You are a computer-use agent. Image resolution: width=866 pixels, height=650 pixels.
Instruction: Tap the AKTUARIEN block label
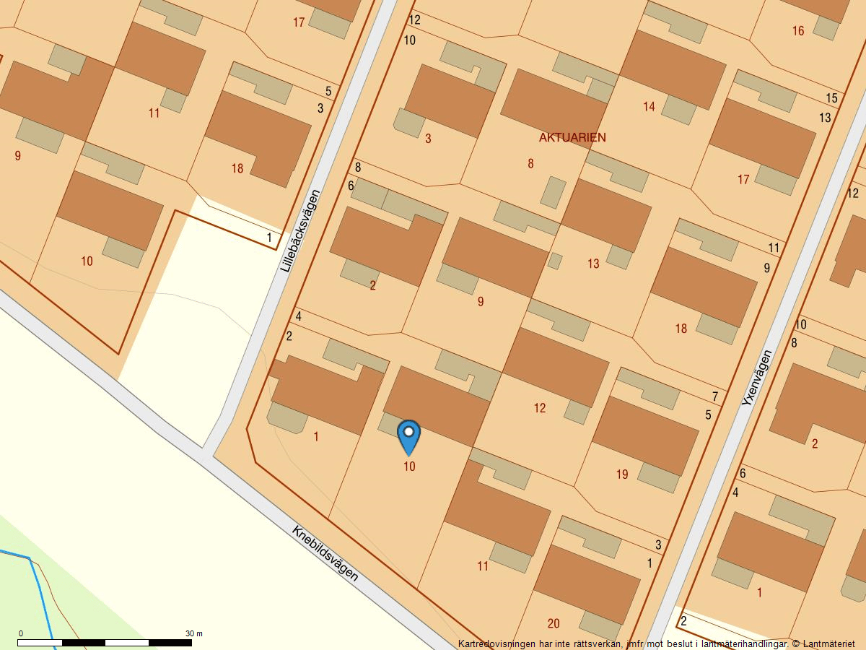(x=572, y=137)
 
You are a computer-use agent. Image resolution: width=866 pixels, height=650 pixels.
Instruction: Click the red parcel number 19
(x=622, y=474)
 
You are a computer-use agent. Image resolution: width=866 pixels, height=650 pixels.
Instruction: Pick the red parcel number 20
(x=554, y=624)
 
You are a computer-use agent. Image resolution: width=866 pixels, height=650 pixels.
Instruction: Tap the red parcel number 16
(x=797, y=31)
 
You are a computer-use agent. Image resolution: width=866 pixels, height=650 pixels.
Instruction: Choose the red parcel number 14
(x=649, y=107)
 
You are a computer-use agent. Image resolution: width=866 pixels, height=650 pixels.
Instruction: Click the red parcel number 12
(x=540, y=409)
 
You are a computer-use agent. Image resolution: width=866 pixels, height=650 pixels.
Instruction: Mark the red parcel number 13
(x=593, y=264)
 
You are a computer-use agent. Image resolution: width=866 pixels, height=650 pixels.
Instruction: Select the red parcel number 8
(x=530, y=164)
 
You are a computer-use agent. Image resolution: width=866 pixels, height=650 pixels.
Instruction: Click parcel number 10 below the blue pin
(x=409, y=467)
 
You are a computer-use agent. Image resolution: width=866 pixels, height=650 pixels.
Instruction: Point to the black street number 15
(x=831, y=98)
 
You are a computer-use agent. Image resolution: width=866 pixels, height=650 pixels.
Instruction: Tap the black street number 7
(x=714, y=396)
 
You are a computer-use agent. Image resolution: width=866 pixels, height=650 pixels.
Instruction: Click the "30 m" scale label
(x=194, y=633)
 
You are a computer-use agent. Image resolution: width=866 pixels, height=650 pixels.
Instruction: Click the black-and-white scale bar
(x=105, y=642)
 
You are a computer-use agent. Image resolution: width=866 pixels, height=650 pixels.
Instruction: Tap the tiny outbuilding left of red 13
(x=555, y=261)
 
